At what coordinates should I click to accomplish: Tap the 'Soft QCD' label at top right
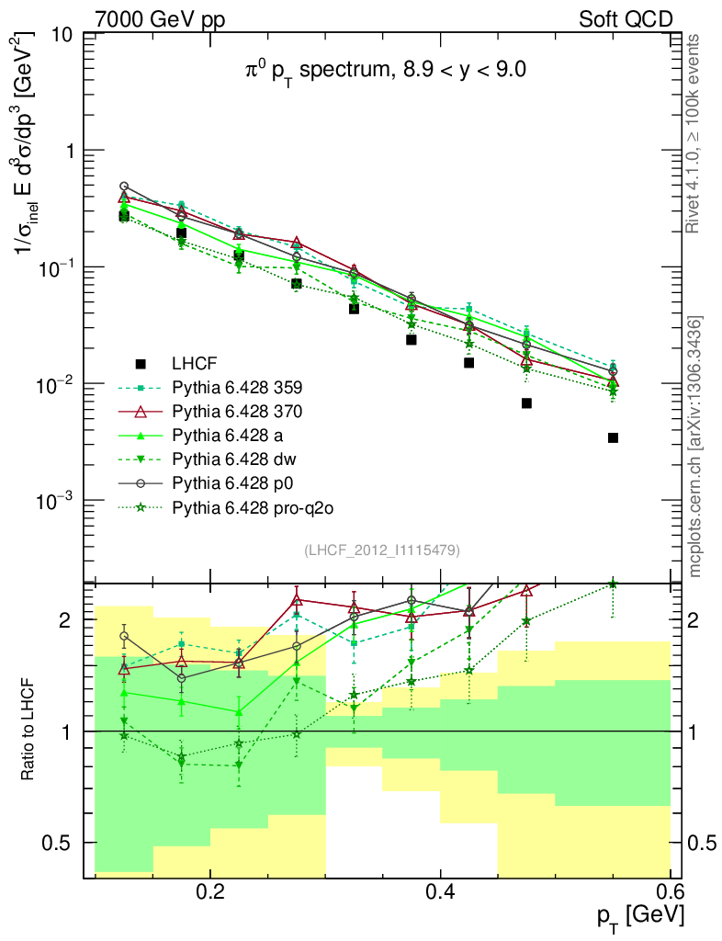tap(626, 19)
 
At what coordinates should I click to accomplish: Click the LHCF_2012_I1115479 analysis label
tap(381, 550)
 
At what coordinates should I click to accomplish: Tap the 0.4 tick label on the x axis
tap(441, 892)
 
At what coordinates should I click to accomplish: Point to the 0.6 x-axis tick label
tap(671, 892)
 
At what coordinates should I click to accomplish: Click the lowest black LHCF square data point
tap(613, 437)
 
